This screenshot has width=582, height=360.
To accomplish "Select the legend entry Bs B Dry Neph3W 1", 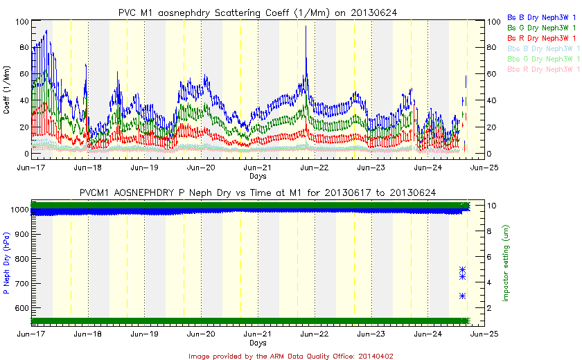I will click(x=543, y=16).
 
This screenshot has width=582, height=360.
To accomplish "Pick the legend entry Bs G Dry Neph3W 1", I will click(x=543, y=26).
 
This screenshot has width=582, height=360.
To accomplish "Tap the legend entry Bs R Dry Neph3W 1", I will click(x=543, y=37).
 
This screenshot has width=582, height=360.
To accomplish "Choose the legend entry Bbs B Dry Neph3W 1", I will click(x=543, y=48).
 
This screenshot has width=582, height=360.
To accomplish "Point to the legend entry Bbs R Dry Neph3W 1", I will click(x=543, y=69).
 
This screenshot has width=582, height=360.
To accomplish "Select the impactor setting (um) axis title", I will click(x=506, y=262).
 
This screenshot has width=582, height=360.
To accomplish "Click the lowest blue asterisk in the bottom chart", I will click(x=462, y=296).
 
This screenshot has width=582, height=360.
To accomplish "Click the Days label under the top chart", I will click(x=258, y=177).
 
